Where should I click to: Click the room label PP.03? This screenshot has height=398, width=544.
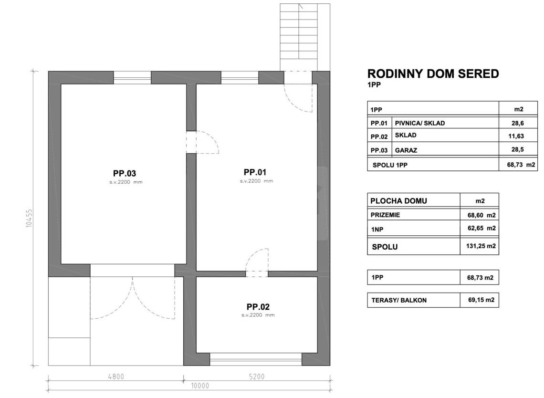click(124, 173)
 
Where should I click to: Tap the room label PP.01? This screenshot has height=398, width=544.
click(255, 172)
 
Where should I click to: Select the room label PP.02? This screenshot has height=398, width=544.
click(258, 307)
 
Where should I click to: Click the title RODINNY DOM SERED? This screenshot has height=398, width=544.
click(433, 73)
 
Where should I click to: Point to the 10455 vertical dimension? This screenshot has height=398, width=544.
click(29, 218)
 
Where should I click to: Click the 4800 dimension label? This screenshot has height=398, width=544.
click(116, 377)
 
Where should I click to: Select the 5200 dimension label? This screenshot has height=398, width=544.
click(257, 377)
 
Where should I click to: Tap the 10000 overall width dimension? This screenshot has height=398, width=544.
click(200, 386)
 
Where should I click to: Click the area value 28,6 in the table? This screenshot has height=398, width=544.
click(517, 123)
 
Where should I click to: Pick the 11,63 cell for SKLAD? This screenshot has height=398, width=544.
click(516, 136)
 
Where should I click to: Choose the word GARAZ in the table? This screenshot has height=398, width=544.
click(406, 150)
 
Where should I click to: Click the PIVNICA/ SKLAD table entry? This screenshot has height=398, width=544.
click(420, 123)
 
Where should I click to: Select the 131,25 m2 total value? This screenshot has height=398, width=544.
click(481, 246)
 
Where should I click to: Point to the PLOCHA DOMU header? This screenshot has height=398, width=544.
click(398, 201)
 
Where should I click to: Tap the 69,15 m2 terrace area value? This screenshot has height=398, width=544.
click(481, 300)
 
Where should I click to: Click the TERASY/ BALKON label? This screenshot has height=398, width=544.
click(399, 300)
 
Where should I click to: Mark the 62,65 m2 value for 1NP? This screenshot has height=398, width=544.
click(481, 228)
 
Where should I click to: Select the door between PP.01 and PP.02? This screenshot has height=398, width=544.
click(257, 262)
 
